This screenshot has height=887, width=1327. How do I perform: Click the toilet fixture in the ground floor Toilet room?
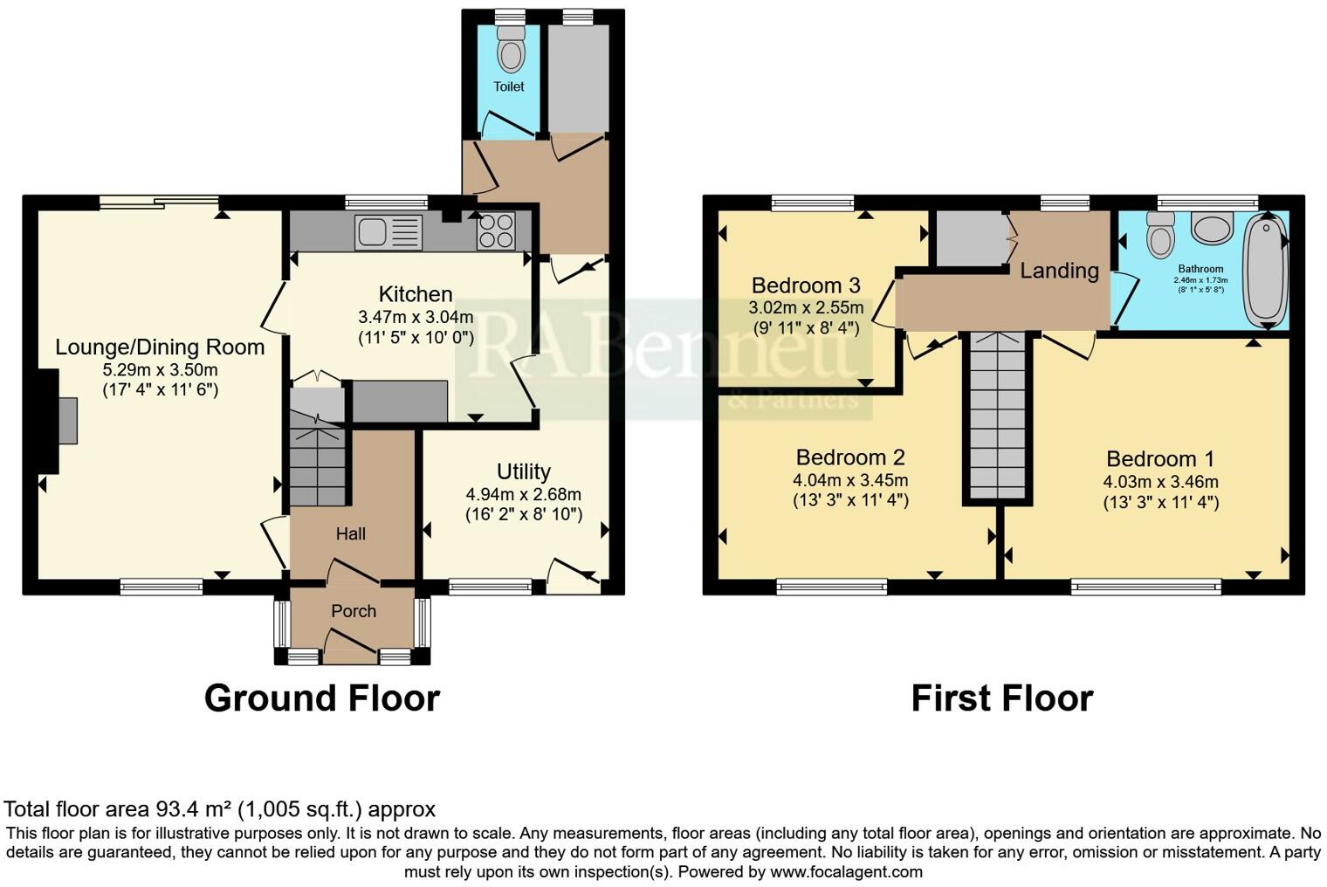(510, 51)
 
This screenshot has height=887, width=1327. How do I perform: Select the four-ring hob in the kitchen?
(495, 231)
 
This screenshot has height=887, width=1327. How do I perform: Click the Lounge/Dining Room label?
(160, 347)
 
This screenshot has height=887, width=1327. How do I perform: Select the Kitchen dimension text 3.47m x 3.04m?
(416, 316)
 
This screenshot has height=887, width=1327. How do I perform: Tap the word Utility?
(523, 471)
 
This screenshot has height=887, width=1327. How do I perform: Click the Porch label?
(354, 611)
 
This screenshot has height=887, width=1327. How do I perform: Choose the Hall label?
(351, 533)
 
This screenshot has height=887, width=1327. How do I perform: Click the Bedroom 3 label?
(806, 285)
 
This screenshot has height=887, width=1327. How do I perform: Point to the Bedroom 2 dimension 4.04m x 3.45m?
(850, 480)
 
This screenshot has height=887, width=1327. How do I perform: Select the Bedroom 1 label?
(1160, 458)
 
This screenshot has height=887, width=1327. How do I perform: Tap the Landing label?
(1059, 271)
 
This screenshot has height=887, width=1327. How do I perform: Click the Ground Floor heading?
(321, 698)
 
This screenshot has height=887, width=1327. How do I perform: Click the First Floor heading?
(1001, 698)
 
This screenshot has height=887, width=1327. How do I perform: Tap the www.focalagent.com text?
(846, 871)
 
